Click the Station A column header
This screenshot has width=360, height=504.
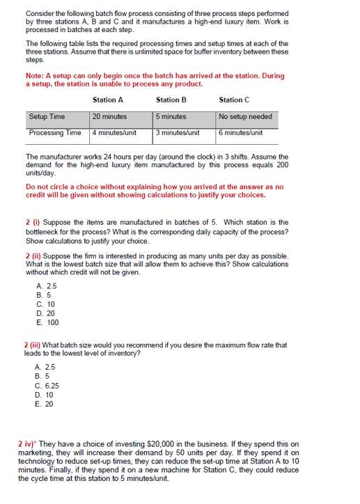click(108, 100)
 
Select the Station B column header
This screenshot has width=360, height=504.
click(171, 100)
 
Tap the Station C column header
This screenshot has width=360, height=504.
click(235, 100)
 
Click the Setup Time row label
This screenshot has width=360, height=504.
click(47, 116)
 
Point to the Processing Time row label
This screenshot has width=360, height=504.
click(55, 132)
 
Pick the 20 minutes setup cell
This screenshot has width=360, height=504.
click(110, 116)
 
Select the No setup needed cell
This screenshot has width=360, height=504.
click(245, 116)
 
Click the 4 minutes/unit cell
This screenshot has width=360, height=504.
click(114, 132)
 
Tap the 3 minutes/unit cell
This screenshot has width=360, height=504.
click(178, 132)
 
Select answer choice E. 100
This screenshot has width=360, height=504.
click(47, 322)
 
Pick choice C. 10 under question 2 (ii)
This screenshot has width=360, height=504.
click(45, 304)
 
